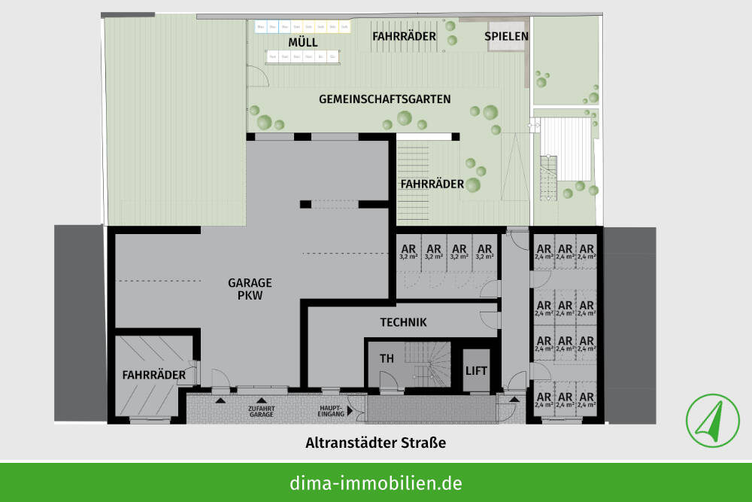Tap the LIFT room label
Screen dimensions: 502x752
click(477, 370)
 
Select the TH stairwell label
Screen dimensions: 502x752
click(387, 359)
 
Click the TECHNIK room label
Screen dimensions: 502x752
click(403, 322)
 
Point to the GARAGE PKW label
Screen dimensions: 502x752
click(250, 289)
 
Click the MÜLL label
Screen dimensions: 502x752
click(302, 41)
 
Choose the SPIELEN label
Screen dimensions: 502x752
click(506, 36)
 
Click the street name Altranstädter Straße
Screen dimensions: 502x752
click(375, 443)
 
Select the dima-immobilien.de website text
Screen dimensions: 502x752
click(375, 482)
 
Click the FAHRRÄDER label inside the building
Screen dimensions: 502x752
click(149, 374)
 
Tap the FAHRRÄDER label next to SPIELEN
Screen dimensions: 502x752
click(405, 35)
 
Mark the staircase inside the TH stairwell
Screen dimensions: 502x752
click(426, 364)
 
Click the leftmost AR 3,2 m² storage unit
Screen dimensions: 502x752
click(408, 251)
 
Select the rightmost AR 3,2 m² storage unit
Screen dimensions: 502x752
click(485, 251)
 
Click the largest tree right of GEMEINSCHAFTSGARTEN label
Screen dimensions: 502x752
click(490, 113)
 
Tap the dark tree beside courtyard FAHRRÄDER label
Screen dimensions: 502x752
click(473, 184)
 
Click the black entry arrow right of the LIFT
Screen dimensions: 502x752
click(514, 399)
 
